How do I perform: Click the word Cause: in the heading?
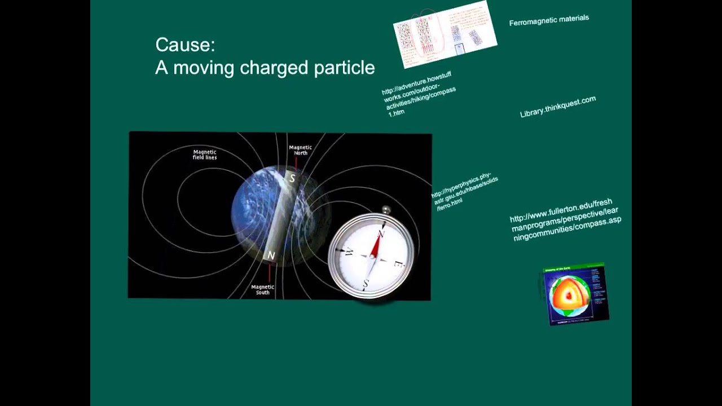tap(185, 45)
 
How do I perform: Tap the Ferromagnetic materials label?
tap(549, 20)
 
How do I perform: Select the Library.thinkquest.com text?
tap(557, 107)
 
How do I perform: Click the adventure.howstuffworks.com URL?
tap(418, 94)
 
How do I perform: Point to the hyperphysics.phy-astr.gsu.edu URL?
tap(464, 192)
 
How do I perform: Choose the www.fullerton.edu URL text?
tap(564, 220)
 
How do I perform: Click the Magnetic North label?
tap(300, 150)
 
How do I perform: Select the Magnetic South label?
tap(262, 289)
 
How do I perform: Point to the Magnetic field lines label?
tap(204, 155)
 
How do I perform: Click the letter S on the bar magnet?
tap(292, 178)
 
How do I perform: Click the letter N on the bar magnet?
tap(271, 255)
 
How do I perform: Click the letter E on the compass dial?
tap(397, 264)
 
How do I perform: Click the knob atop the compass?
tap(386, 210)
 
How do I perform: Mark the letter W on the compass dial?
tap(349, 251)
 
